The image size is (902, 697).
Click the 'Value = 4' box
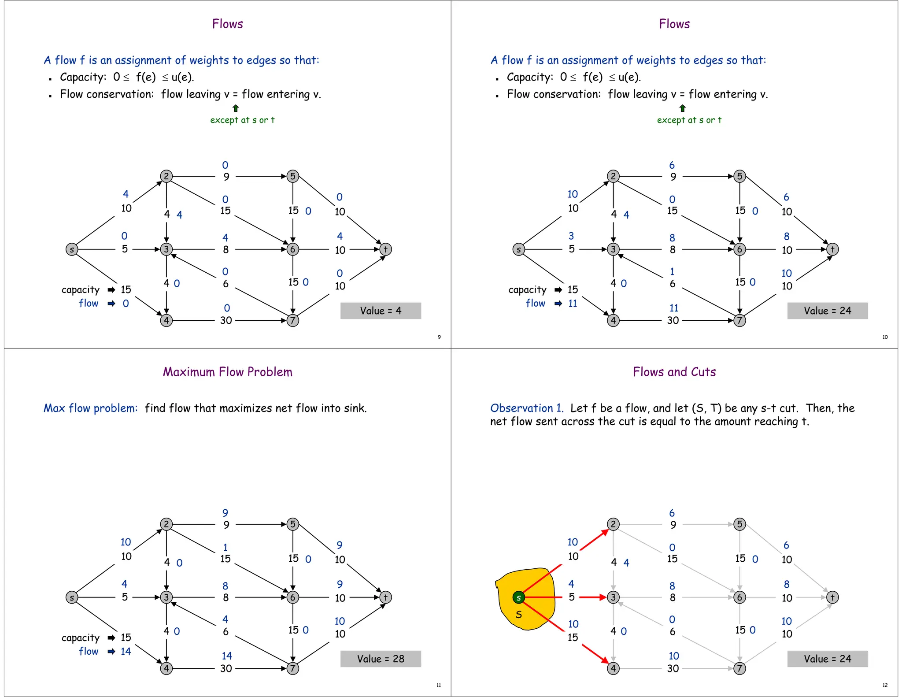pyautogui.click(x=381, y=311)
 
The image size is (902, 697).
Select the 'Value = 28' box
pyautogui.click(x=381, y=659)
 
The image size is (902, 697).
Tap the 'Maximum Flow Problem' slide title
pyautogui.click(x=227, y=372)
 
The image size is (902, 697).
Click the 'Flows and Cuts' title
pyautogui.click(x=674, y=372)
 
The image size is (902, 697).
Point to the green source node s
pyautogui.click(x=518, y=597)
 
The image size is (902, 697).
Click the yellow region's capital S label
pyautogui.click(x=519, y=615)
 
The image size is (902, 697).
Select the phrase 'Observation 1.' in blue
pyautogui.click(x=527, y=408)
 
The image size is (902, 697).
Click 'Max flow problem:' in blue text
pyautogui.click(x=90, y=408)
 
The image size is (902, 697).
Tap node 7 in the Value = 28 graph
pyautogui.click(x=292, y=668)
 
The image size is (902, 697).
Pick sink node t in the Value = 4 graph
pyautogui.click(x=385, y=249)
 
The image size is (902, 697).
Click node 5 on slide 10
pyautogui.click(x=739, y=176)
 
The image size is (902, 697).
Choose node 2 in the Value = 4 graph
pyautogui.click(x=166, y=176)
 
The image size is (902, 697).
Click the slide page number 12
pyautogui.click(x=885, y=685)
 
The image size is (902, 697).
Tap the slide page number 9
pyautogui.click(x=439, y=337)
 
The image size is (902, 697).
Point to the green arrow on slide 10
pyautogui.click(x=682, y=108)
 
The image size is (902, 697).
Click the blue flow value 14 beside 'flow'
pyautogui.click(x=126, y=651)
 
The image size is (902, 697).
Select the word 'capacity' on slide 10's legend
pyautogui.click(x=527, y=289)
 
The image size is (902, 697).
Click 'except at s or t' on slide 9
pyautogui.click(x=242, y=120)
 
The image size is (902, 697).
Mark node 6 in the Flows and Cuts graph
pyautogui.click(x=739, y=597)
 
